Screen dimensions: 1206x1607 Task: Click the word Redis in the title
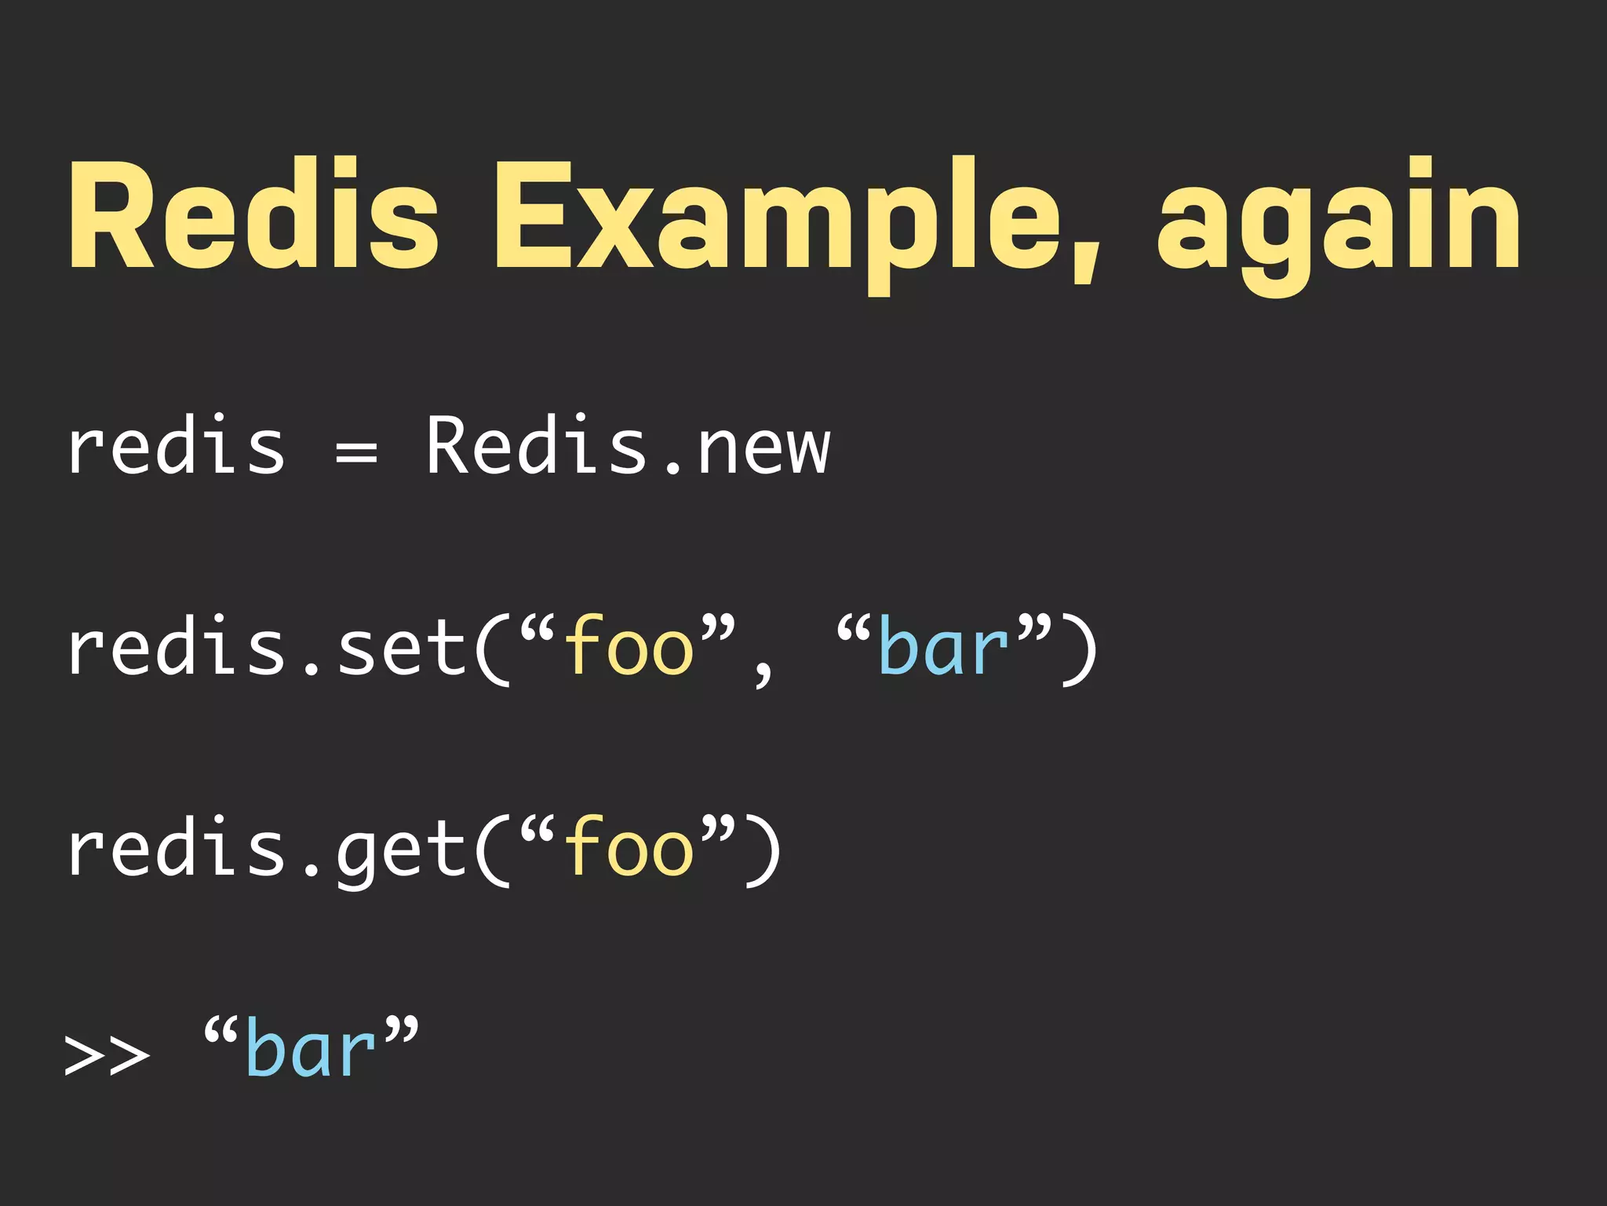point(253,214)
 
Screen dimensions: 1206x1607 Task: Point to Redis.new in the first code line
point(628,446)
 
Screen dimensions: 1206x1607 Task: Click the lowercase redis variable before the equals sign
point(177,446)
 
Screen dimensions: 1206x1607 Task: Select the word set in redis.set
point(402,648)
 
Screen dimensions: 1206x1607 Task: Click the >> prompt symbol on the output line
point(106,1054)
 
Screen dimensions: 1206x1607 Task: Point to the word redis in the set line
point(177,648)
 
